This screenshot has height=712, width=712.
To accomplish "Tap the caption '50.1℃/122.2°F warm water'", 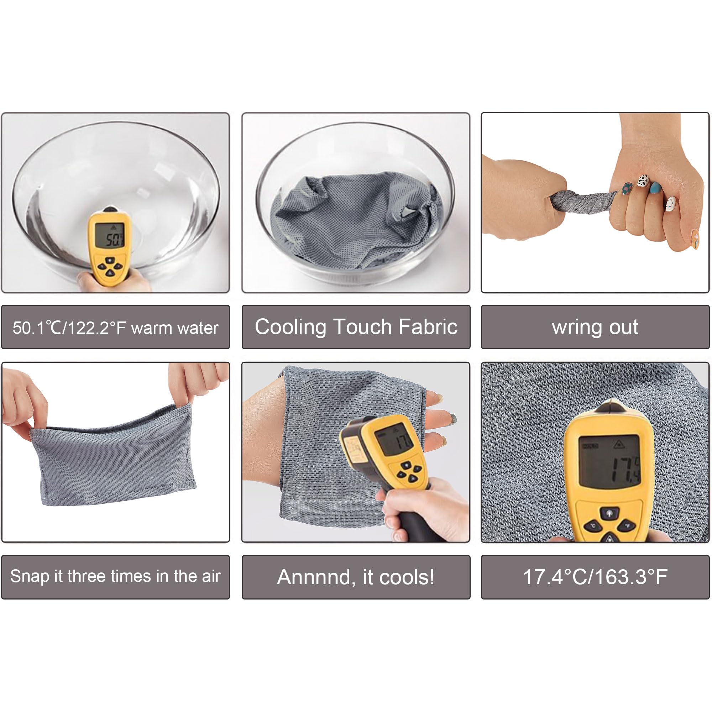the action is [x=115, y=327].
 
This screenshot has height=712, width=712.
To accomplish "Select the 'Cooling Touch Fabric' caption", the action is [x=356, y=327].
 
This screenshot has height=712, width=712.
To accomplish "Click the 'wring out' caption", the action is [x=595, y=327].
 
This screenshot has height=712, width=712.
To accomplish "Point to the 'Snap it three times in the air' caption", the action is [x=115, y=576].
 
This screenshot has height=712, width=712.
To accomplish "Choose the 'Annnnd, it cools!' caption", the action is [x=356, y=577].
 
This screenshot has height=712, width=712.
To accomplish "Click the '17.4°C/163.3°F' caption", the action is [x=595, y=577].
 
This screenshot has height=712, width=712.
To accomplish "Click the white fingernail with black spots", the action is [x=643, y=180].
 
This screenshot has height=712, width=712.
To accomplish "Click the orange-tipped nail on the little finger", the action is [x=695, y=239].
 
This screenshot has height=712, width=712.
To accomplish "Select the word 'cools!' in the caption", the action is [x=407, y=577].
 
